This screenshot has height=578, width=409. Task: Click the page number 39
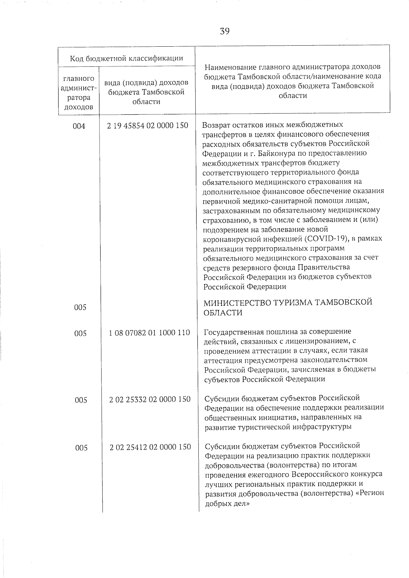point(225,31)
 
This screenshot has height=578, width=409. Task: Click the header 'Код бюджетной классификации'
point(126,58)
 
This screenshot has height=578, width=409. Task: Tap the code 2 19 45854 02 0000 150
point(147,126)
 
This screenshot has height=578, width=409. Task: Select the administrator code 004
point(79,126)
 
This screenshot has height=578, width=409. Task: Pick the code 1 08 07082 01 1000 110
point(149,332)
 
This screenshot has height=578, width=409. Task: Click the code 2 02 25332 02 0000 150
point(150,399)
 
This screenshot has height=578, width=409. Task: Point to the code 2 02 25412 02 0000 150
point(150,447)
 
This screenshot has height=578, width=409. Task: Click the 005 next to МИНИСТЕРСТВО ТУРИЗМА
point(80,307)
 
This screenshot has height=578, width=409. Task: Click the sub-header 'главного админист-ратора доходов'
point(78,93)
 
